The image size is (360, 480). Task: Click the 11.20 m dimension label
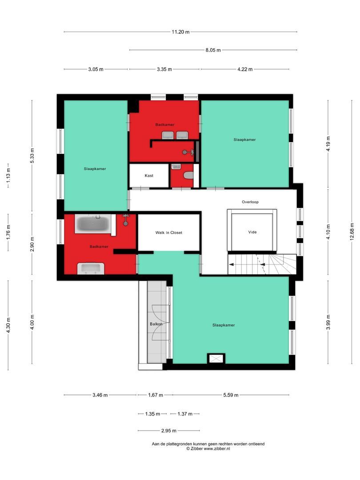pyautogui.click(x=180, y=32)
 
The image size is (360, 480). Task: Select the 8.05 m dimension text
pyautogui.click(x=213, y=50)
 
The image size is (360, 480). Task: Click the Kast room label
pyautogui.click(x=149, y=176)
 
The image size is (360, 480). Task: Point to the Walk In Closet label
pyautogui.click(x=168, y=232)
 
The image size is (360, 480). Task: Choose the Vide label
pyautogui.click(x=252, y=232)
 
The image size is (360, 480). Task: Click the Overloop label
pyautogui.click(x=250, y=202)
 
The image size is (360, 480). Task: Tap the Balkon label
pyautogui.click(x=156, y=324)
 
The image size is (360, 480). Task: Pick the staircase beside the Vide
pyautogui.click(x=261, y=264)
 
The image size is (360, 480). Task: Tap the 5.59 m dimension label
pyautogui.click(x=231, y=395)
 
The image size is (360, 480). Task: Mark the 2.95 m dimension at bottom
pyautogui.click(x=168, y=431)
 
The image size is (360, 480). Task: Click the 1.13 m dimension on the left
pyautogui.click(x=8, y=176)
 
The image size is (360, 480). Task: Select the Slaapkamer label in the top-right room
pyautogui.click(x=244, y=140)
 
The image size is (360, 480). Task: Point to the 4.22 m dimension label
pyautogui.click(x=244, y=69)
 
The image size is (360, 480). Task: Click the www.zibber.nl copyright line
pyautogui.click(x=208, y=449)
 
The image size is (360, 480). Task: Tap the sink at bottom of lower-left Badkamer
pyautogui.click(x=91, y=268)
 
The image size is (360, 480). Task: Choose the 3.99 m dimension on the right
pyautogui.click(x=328, y=324)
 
